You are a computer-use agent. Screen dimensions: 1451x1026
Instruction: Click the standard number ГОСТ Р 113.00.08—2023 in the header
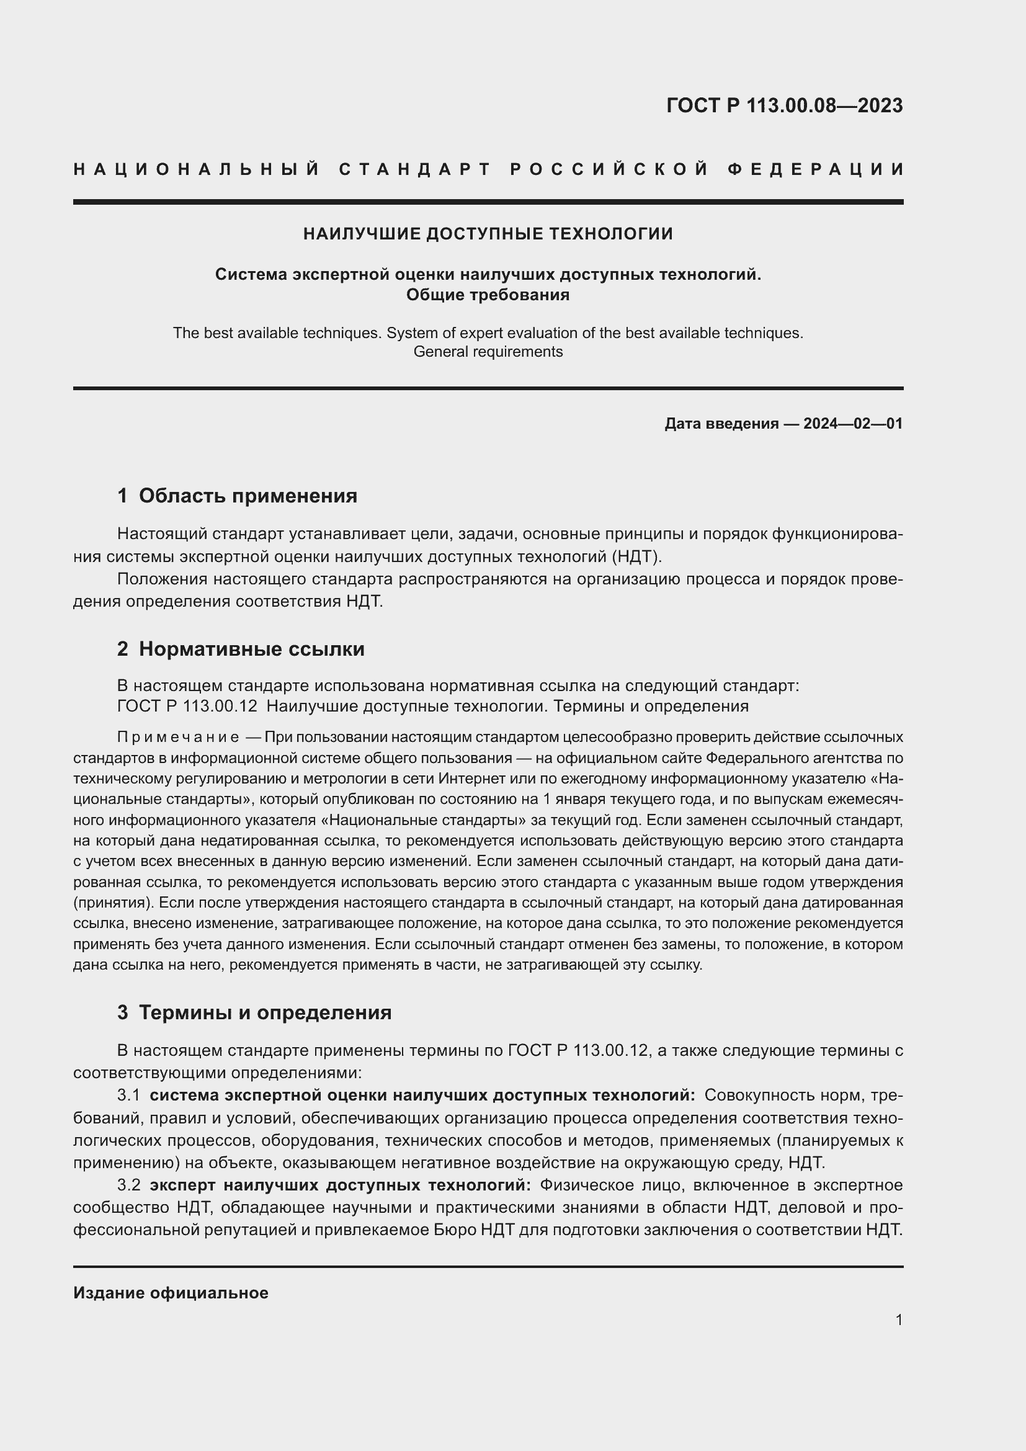(x=784, y=105)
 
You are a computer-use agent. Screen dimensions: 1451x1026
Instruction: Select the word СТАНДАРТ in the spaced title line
(x=415, y=169)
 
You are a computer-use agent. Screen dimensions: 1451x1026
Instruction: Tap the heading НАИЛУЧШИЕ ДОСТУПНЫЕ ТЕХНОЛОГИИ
(x=488, y=234)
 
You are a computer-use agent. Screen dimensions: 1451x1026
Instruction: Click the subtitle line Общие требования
(x=488, y=295)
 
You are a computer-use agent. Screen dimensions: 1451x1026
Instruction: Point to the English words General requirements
(x=488, y=352)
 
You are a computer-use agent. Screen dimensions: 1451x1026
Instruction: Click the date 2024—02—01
(x=853, y=424)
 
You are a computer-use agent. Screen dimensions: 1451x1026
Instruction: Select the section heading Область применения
(x=248, y=496)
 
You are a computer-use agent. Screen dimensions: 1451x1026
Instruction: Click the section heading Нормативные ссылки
(x=251, y=649)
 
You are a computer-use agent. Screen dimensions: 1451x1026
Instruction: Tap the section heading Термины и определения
(x=265, y=1012)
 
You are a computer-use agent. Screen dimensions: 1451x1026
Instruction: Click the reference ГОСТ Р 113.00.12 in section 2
(x=187, y=706)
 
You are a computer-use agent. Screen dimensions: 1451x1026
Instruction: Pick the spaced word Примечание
(x=177, y=738)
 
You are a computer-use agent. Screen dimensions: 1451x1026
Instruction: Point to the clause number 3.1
(x=128, y=1095)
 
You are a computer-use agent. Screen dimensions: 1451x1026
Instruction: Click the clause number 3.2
(x=128, y=1185)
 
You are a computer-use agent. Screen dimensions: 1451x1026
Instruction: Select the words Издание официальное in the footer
(x=171, y=1293)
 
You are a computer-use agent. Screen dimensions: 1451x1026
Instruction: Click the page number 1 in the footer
(x=899, y=1319)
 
